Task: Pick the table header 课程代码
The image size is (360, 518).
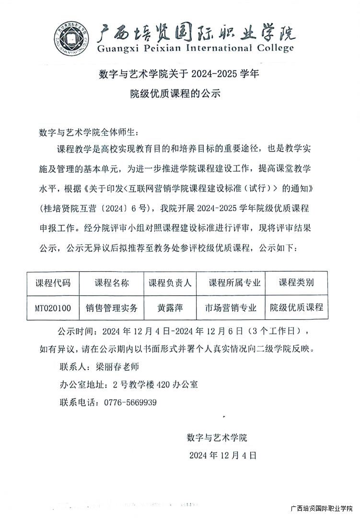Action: [x=53, y=283]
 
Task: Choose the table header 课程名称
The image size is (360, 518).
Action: [x=112, y=283]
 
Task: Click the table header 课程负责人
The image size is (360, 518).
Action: [x=170, y=283]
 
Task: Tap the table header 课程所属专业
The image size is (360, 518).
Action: [x=231, y=283]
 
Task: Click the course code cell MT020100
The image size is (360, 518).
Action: [x=53, y=308]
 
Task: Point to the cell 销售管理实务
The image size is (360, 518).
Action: [x=112, y=308]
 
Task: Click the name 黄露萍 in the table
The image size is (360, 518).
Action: [x=170, y=308]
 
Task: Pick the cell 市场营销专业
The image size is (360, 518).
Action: [x=231, y=308]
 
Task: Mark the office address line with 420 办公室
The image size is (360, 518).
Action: [x=128, y=384]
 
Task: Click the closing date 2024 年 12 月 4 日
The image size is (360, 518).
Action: [x=222, y=455]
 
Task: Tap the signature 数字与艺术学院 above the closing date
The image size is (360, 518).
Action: [x=217, y=437]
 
